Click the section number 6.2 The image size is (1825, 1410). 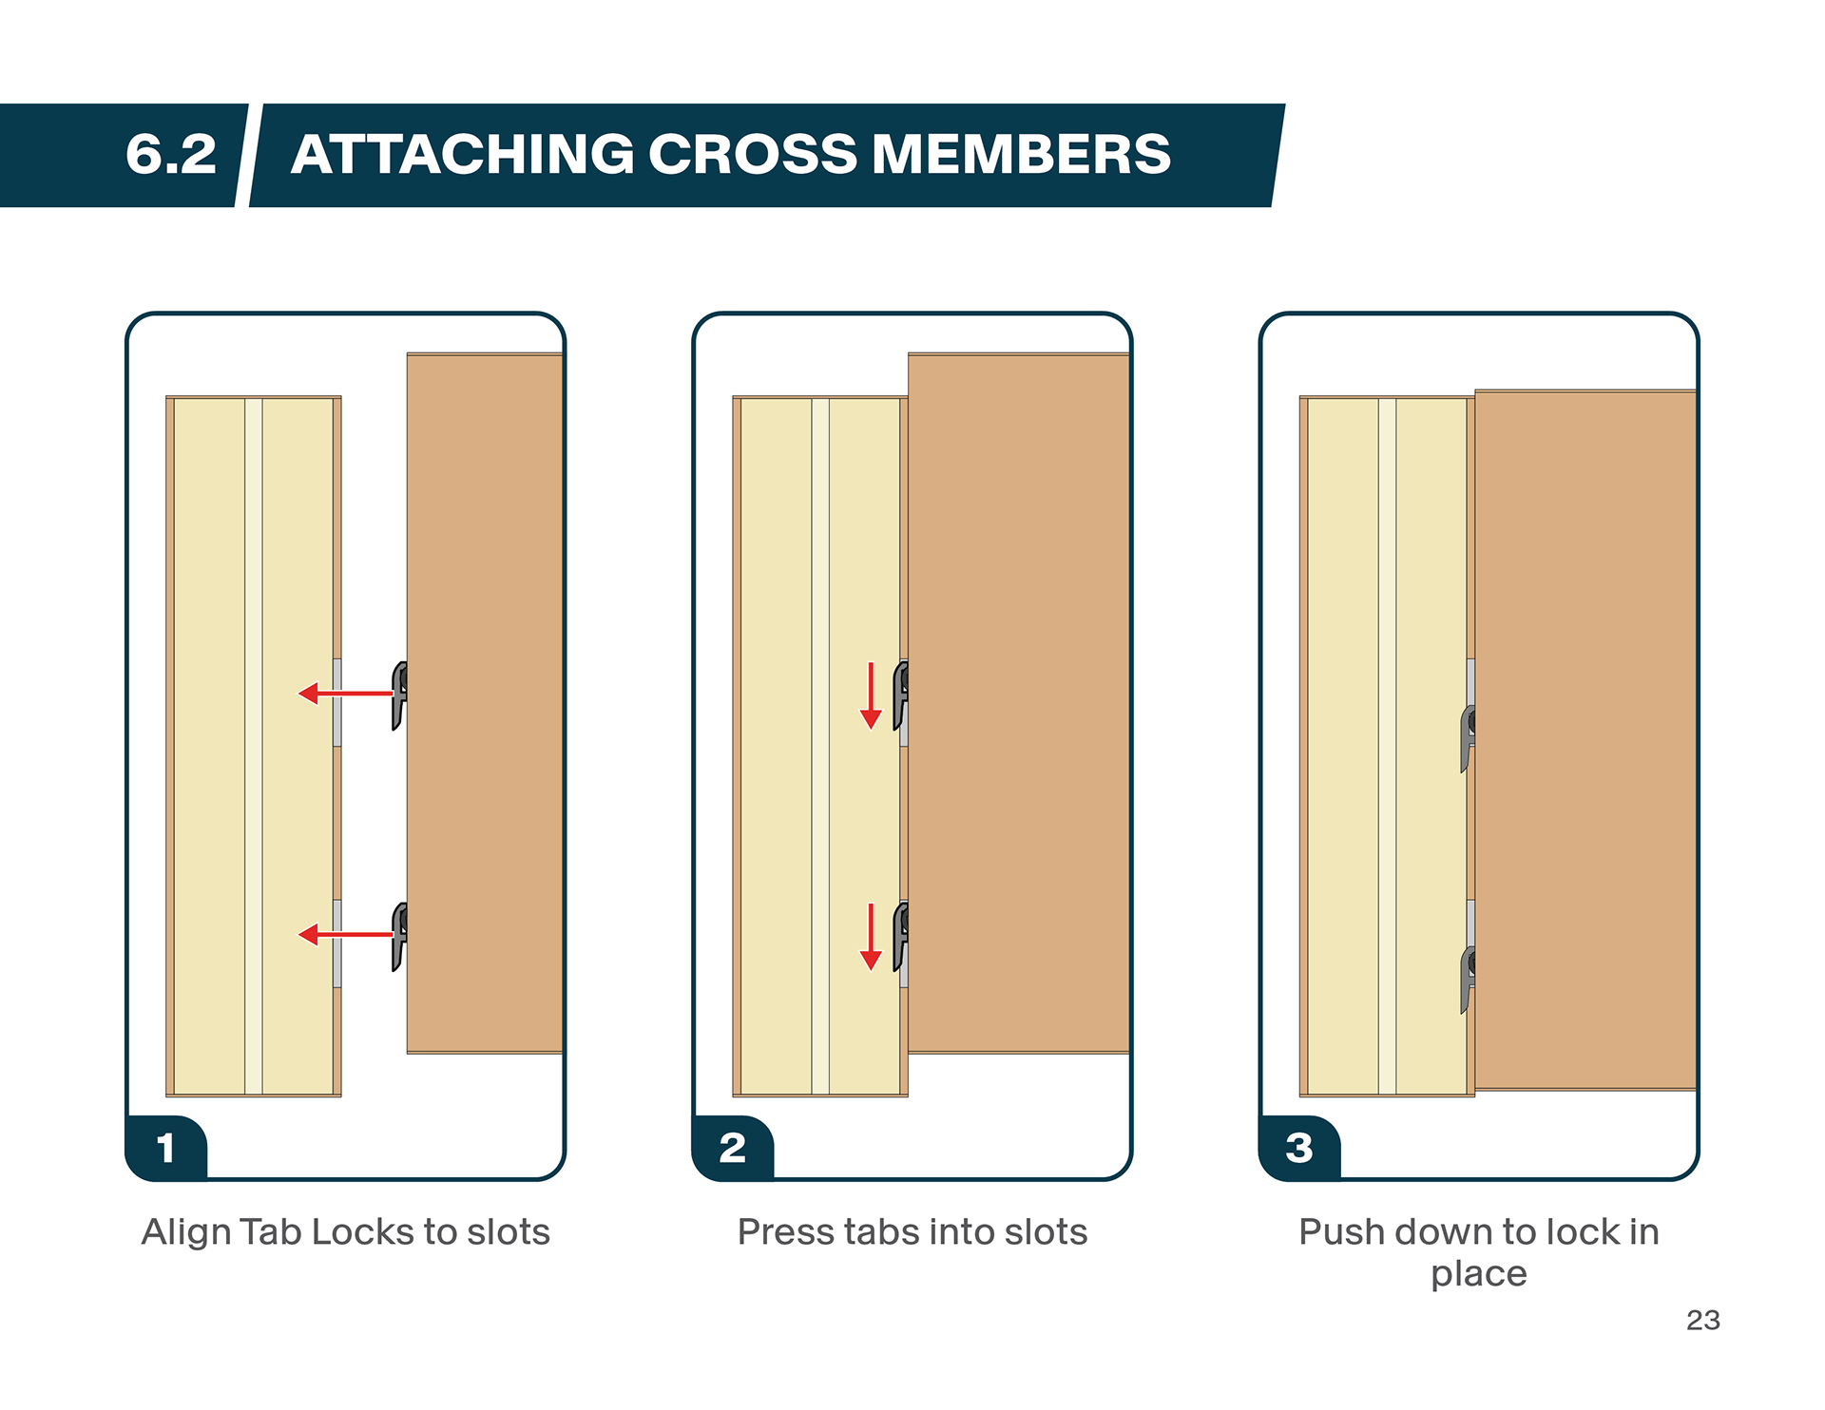(171, 154)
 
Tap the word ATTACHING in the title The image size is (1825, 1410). (462, 154)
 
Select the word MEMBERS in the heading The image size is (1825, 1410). (1021, 154)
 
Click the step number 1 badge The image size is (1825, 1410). (166, 1148)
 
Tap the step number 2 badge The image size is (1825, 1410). (733, 1148)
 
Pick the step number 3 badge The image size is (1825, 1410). (1299, 1148)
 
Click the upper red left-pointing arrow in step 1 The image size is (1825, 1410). (346, 694)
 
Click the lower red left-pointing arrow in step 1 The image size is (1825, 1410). (346, 935)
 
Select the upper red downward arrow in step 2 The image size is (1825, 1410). (871, 695)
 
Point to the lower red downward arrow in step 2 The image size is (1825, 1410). (871, 937)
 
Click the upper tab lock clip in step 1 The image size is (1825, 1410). (400, 695)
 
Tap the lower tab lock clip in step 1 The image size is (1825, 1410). (400, 937)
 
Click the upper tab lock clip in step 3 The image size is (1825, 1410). (1469, 738)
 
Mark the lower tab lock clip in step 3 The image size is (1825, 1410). (1469, 980)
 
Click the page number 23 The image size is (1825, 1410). (1702, 1320)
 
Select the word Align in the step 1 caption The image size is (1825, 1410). (185, 1232)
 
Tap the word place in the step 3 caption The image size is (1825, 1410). (1479, 1274)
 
